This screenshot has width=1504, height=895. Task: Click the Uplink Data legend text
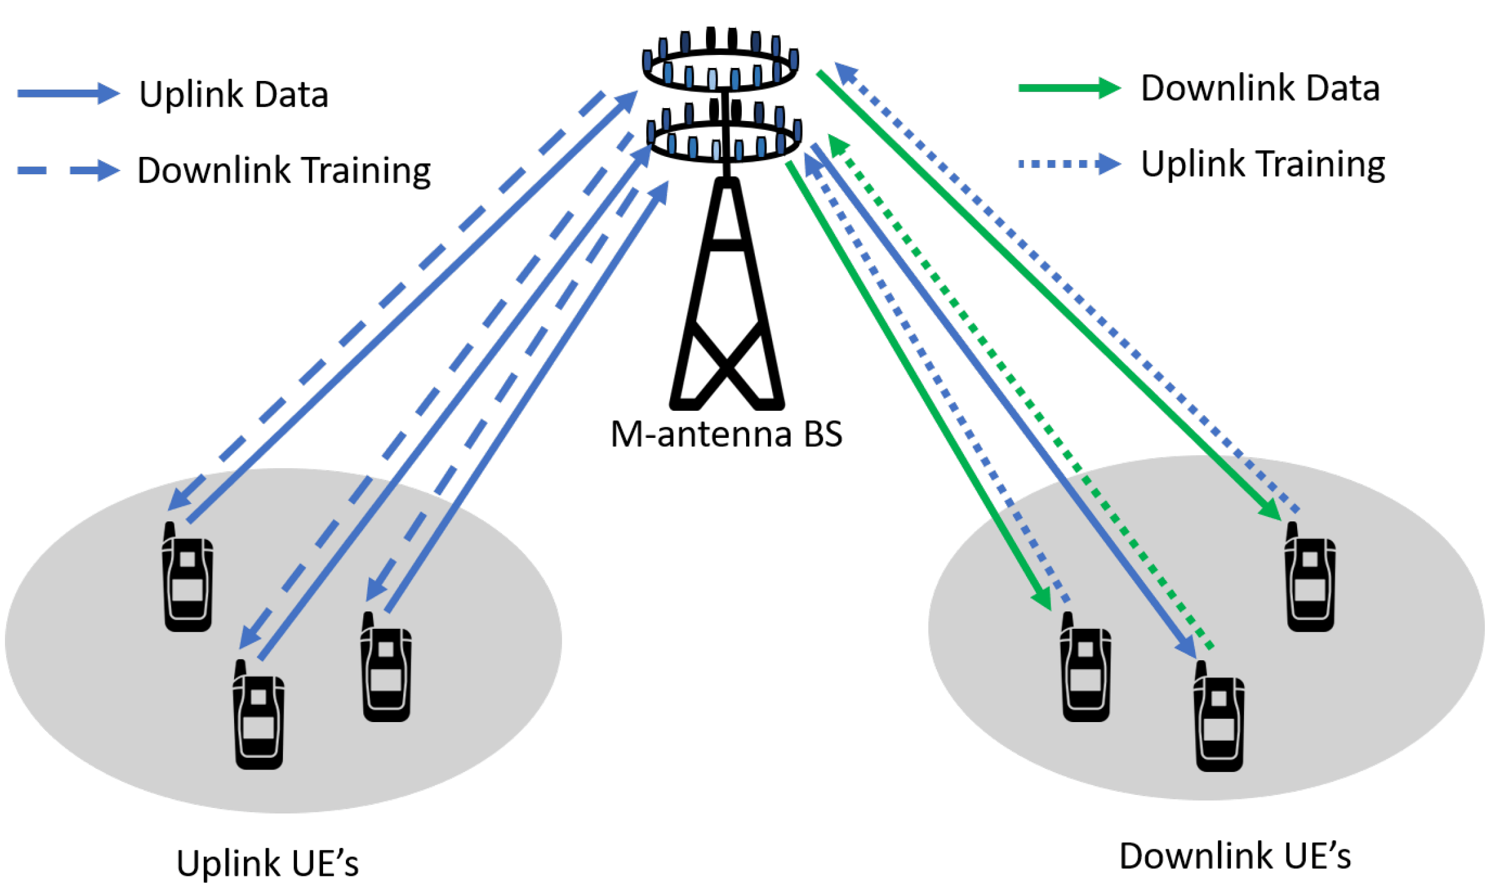(x=233, y=95)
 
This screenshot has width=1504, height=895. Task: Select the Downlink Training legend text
(x=284, y=170)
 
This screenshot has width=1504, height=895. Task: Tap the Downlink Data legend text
(x=1259, y=88)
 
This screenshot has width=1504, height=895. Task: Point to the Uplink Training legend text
(x=1262, y=165)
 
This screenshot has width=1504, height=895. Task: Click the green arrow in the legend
(x=1068, y=88)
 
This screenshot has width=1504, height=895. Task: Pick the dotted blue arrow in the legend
(x=1068, y=164)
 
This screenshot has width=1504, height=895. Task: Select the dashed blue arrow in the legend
(x=68, y=170)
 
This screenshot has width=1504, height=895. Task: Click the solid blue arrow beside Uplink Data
(x=68, y=94)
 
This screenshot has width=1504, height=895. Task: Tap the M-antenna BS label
(x=726, y=434)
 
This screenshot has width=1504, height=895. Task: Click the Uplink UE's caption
(x=267, y=863)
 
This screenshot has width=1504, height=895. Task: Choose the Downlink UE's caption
(x=1235, y=857)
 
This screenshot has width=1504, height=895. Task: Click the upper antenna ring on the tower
(x=720, y=68)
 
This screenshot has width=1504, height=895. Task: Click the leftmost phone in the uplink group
(x=188, y=579)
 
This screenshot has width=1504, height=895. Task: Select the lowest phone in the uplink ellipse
(x=259, y=716)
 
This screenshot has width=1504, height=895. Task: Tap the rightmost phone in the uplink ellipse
(x=387, y=668)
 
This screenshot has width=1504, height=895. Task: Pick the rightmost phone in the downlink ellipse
(x=1309, y=579)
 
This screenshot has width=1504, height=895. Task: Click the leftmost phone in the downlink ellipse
(x=1085, y=668)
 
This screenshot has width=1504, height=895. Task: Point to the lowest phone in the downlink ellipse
(x=1219, y=718)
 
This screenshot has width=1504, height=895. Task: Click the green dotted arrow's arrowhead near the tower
(x=838, y=145)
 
